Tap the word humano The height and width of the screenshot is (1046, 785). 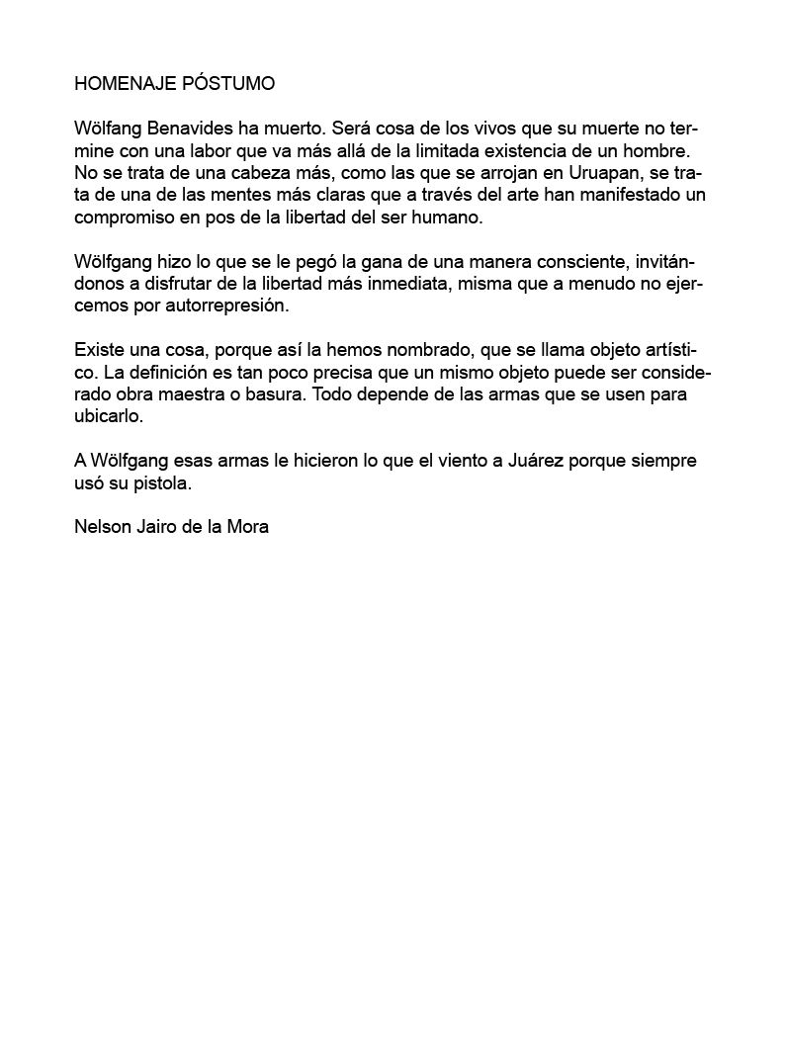(450, 218)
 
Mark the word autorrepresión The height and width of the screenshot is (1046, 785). (228, 305)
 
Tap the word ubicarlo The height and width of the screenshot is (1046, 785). (109, 416)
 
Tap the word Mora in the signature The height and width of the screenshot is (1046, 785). (248, 527)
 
